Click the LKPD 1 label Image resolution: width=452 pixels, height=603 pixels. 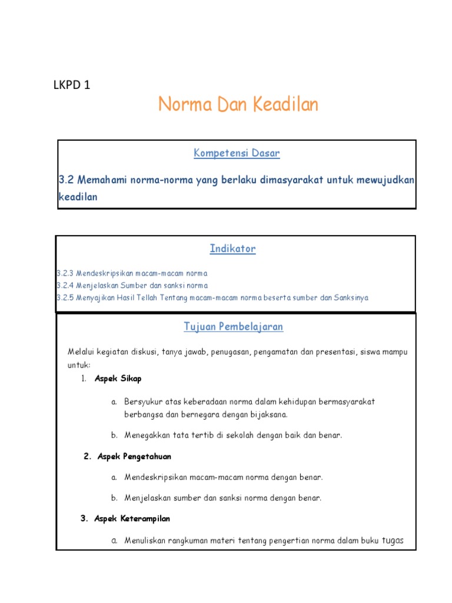coord(72,85)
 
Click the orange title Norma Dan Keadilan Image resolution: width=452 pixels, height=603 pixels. coord(238,105)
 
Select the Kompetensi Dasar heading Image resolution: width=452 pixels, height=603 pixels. coord(237,154)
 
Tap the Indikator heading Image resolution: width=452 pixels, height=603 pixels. coord(232,249)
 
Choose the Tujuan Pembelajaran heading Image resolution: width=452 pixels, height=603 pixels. coord(233,326)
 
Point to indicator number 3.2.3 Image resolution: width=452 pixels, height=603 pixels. coord(65,274)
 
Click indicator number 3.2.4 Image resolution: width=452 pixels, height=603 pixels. coord(65,286)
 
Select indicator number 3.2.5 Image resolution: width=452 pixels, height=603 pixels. coord(65,297)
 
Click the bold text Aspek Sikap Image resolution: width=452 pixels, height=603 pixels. coord(118,378)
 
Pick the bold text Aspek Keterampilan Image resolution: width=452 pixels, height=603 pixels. coord(132,519)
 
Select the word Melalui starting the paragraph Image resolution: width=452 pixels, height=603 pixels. coord(81,352)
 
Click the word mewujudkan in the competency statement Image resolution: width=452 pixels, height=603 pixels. coord(385,180)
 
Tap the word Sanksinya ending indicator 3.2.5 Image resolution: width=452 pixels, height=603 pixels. coord(351,297)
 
